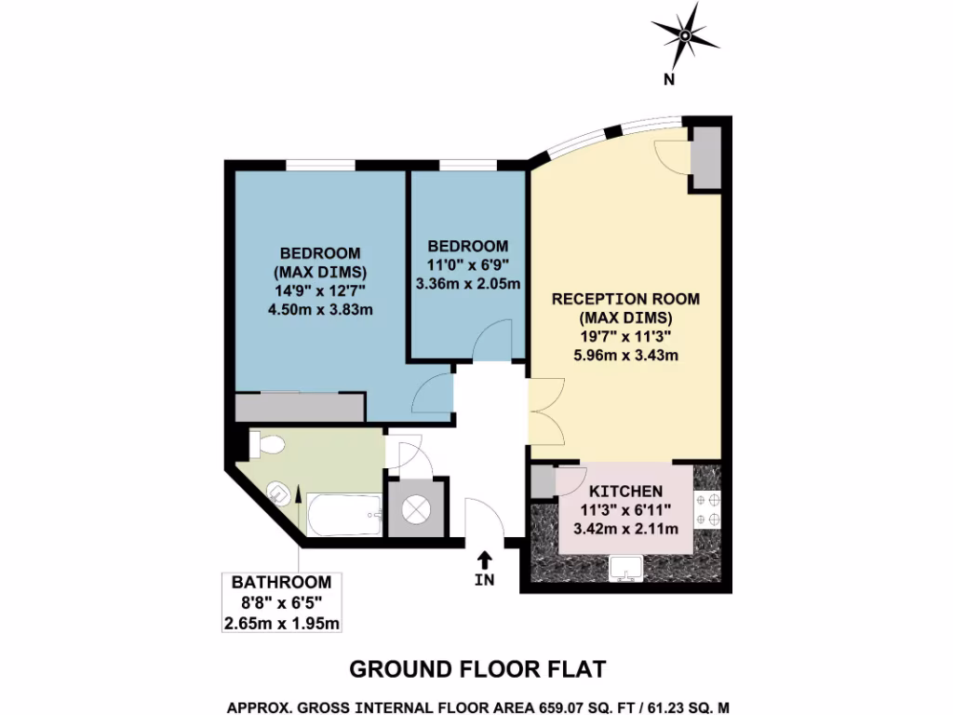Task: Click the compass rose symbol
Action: coord(686,36)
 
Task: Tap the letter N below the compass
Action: coord(668,80)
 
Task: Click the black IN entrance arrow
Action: coord(484,560)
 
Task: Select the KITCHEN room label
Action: coord(624,492)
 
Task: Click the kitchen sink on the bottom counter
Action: coord(625,567)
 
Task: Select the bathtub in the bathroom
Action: coord(344,514)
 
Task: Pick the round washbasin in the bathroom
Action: coord(277,491)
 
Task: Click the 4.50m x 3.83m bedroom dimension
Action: coord(320,310)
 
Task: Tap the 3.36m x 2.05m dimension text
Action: coord(468,283)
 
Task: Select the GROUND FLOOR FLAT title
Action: coord(476,669)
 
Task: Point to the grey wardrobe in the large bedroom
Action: coord(299,407)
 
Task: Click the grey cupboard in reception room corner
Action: coord(705,155)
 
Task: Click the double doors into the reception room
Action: coord(545,412)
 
